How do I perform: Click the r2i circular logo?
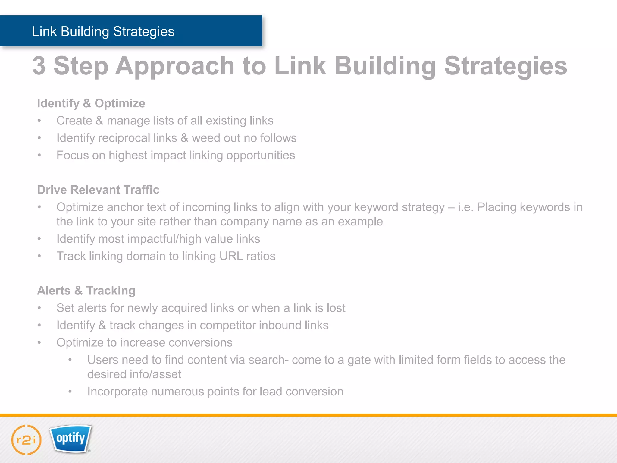tap(26, 440)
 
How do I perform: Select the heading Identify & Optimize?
tap(91, 103)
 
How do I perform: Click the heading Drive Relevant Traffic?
tap(98, 190)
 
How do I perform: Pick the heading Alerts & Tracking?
tap(86, 291)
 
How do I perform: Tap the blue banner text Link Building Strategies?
tap(103, 31)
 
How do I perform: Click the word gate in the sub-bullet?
tap(359, 360)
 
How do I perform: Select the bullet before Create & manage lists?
tap(39, 121)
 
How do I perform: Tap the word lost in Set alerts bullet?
tap(336, 308)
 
